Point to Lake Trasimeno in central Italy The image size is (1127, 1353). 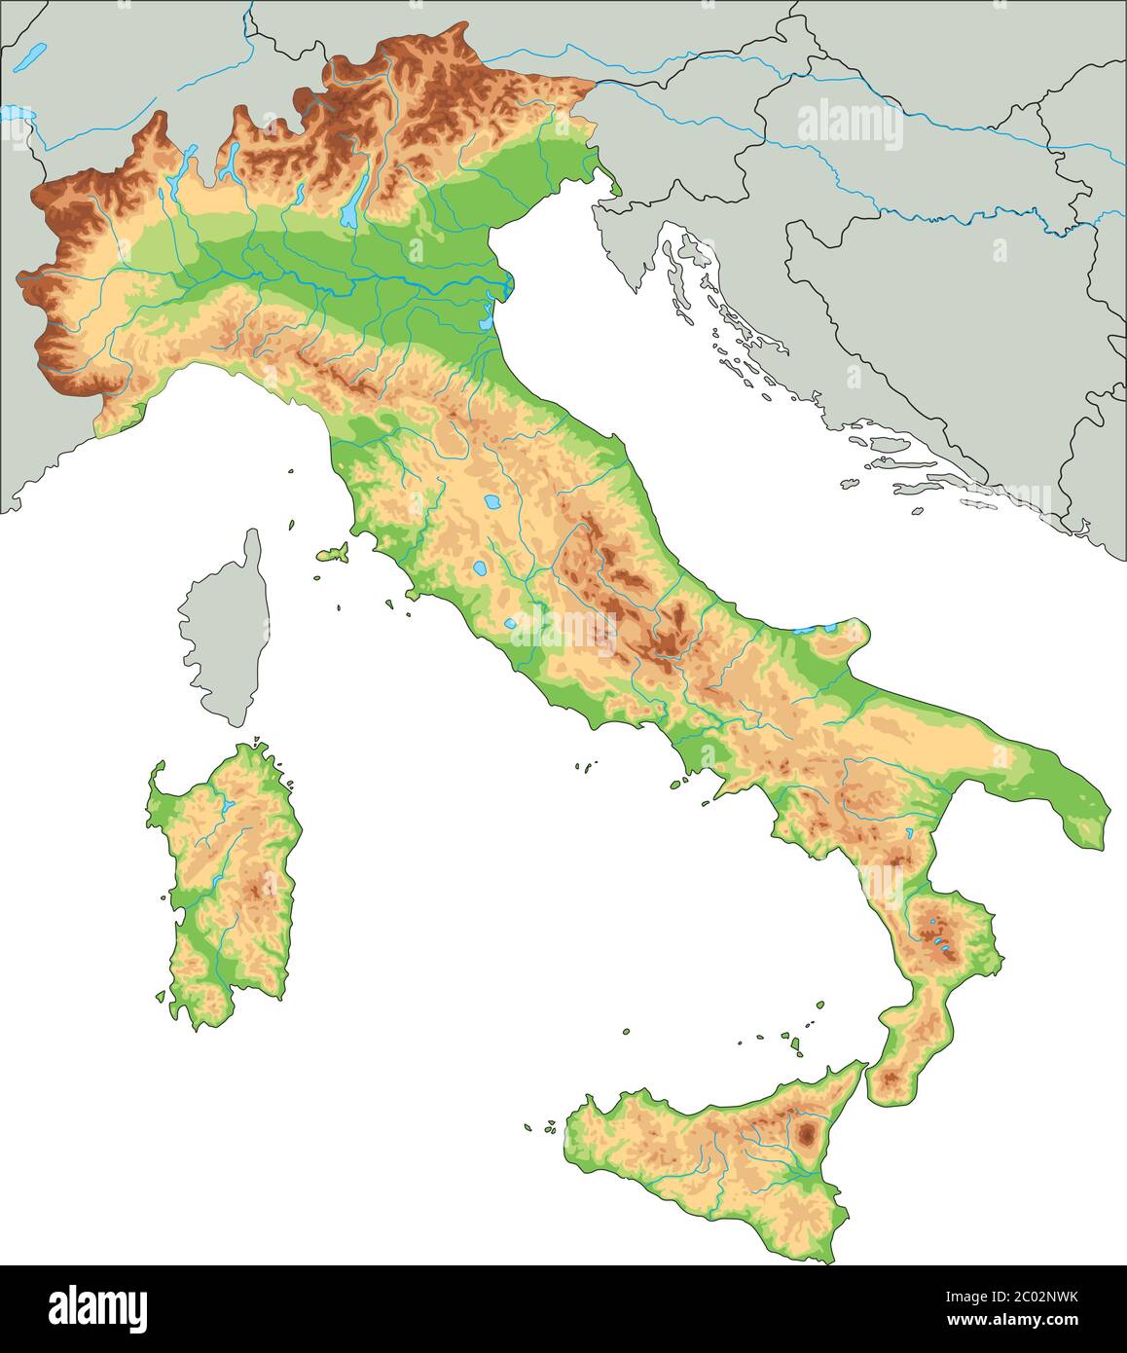tap(492, 504)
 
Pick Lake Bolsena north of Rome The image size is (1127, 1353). tap(479, 568)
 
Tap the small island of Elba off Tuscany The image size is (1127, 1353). tap(332, 554)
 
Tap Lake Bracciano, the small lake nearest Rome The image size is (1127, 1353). tap(511, 624)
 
